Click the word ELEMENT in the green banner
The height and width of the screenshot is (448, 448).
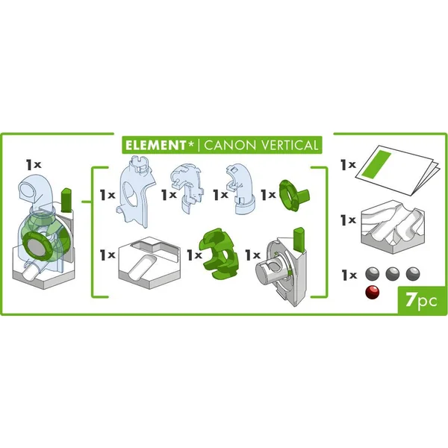click(156, 145)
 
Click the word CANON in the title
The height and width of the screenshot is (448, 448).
click(230, 145)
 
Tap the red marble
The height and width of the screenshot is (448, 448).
click(373, 292)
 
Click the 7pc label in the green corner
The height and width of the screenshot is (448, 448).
click(421, 300)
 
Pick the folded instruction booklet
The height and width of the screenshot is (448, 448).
click(397, 170)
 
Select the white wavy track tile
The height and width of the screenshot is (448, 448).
click(393, 227)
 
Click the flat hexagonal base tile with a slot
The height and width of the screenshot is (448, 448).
click(149, 262)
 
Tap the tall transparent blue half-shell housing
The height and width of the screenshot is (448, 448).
click(136, 191)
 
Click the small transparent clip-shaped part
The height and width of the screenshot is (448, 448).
click(187, 187)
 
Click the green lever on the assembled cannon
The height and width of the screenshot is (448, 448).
click(66, 200)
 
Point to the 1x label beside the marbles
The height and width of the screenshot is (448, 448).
click(349, 275)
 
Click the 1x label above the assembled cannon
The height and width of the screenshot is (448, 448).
click(34, 164)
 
